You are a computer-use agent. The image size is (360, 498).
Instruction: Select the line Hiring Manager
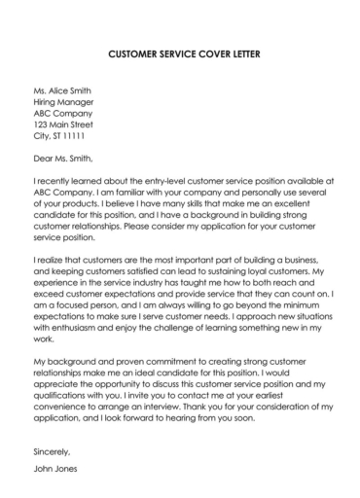coord(63,100)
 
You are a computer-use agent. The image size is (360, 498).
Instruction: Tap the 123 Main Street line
coord(63,124)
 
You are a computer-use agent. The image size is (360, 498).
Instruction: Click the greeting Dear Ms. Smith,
coord(64,157)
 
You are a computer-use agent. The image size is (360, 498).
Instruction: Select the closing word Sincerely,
coord(52,452)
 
